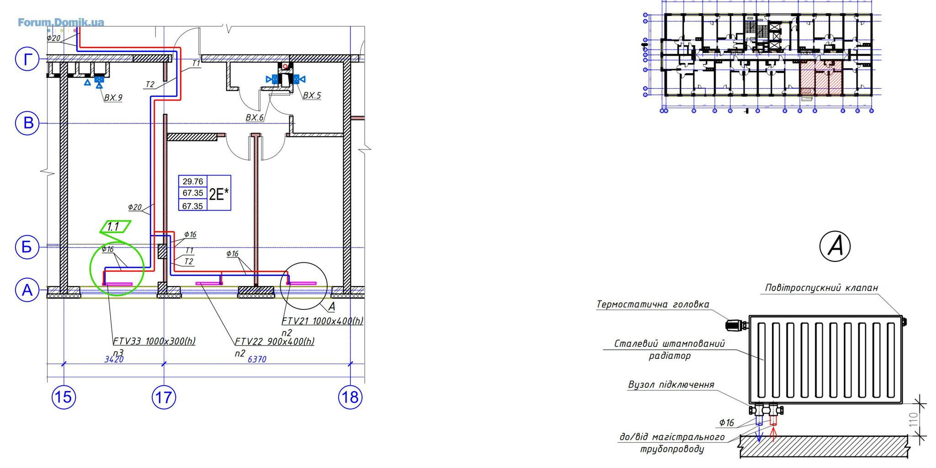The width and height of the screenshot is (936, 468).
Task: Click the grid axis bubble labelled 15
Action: click(x=64, y=397)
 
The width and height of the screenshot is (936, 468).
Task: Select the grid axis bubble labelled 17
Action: click(x=164, y=397)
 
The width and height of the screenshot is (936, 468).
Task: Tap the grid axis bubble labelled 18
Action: click(x=350, y=397)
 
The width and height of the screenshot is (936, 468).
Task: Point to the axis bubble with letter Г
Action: click(x=27, y=60)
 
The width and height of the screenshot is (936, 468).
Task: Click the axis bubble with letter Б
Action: click(x=27, y=247)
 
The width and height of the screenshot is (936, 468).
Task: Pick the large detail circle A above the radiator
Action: click(x=835, y=246)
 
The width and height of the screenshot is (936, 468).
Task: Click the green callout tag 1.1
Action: click(x=114, y=227)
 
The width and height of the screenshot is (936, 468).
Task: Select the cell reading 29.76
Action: click(x=192, y=181)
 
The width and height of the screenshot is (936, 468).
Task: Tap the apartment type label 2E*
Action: click(x=219, y=194)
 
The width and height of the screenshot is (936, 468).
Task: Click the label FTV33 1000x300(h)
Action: click(x=154, y=341)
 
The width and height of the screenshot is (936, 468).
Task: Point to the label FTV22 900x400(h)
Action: click(x=274, y=341)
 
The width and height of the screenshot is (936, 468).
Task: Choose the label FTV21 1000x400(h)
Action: click(x=322, y=321)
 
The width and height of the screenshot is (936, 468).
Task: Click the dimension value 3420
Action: click(x=114, y=360)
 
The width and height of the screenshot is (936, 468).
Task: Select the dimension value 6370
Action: click(x=256, y=360)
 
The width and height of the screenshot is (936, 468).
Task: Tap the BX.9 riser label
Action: click(x=113, y=97)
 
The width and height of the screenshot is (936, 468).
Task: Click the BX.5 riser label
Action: click(x=312, y=96)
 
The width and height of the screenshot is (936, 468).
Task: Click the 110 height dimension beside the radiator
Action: click(x=913, y=420)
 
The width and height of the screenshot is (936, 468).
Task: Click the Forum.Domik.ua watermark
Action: click(x=61, y=22)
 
